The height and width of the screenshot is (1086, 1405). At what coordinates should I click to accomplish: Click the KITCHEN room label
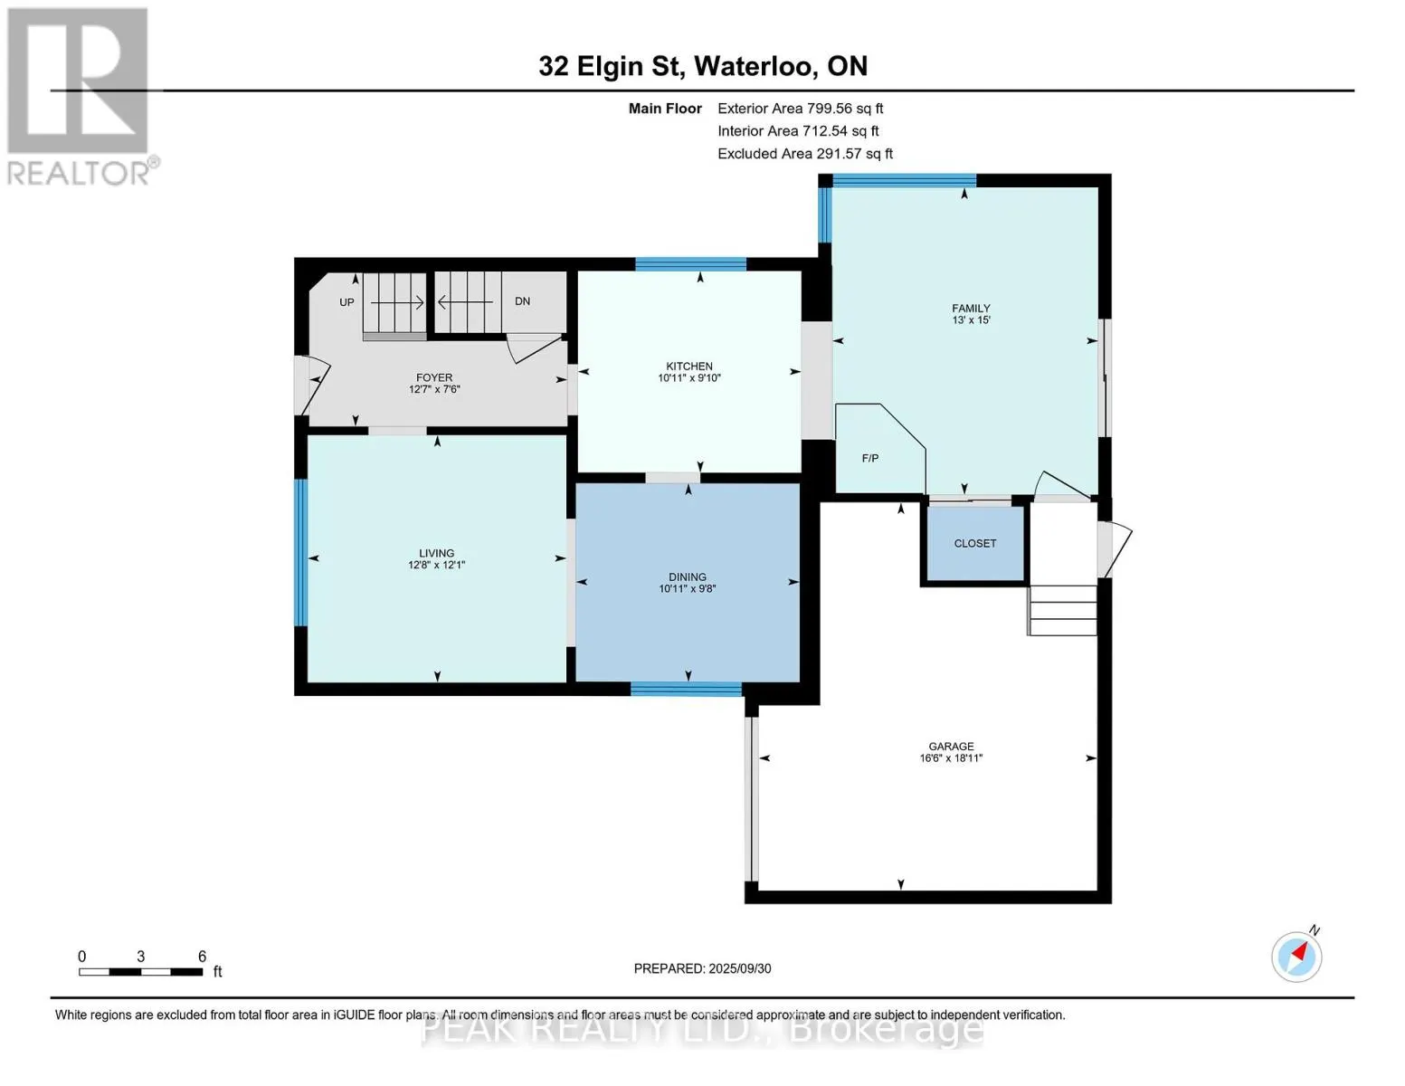[689, 367]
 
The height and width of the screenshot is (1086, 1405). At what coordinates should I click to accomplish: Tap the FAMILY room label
[971, 309]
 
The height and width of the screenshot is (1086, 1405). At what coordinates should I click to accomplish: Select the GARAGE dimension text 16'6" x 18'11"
[951, 758]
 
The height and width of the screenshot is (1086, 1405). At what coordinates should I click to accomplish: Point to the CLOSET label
[975, 543]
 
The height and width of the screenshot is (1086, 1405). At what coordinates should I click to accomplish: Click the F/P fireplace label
[870, 459]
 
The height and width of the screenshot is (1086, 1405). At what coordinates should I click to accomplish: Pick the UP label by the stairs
[347, 302]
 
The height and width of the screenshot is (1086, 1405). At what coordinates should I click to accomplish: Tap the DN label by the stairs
[522, 301]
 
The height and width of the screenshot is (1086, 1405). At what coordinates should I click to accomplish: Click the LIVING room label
[436, 553]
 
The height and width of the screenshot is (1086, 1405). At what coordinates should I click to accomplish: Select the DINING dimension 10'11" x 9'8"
[688, 588]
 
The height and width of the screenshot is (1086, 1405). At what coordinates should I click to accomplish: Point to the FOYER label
[434, 377]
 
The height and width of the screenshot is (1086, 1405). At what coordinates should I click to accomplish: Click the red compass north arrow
[1300, 953]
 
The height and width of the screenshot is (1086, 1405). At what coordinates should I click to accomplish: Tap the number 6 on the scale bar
[203, 956]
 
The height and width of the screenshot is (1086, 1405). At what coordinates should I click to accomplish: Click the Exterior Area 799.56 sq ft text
[801, 109]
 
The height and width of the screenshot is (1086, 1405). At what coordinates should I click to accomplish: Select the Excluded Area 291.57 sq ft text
[805, 154]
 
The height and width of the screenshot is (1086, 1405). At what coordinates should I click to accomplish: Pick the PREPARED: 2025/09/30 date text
[702, 968]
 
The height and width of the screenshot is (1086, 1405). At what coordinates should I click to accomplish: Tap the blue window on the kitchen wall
[690, 264]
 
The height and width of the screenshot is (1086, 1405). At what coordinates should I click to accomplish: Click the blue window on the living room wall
[300, 552]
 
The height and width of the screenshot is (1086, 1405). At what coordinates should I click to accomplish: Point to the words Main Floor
[665, 109]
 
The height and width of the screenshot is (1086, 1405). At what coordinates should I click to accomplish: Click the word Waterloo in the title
[754, 66]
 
